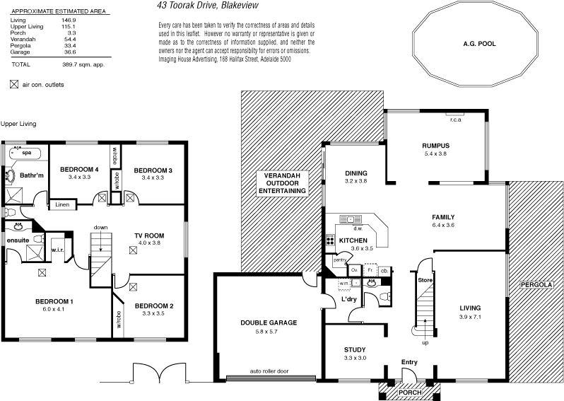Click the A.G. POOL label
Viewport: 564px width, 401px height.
tap(479, 44)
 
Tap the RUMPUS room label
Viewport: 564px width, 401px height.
tap(435, 146)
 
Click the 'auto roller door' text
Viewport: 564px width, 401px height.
tap(269, 371)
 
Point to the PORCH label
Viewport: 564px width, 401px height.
tap(410, 392)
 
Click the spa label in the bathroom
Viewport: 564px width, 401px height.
tap(27, 152)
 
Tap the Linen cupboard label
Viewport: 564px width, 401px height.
tap(62, 204)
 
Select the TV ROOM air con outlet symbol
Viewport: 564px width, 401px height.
tap(134, 250)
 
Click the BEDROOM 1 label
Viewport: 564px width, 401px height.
tap(54, 302)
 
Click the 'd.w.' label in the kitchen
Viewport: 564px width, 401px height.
tap(358, 228)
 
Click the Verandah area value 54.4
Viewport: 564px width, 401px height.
tap(70, 39)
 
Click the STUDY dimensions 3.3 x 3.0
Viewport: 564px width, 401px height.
tap(354, 359)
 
